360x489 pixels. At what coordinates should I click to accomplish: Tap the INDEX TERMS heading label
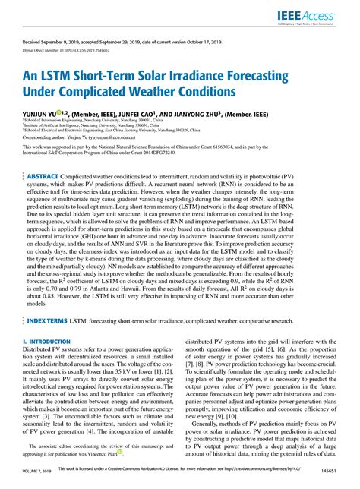[48, 322]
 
